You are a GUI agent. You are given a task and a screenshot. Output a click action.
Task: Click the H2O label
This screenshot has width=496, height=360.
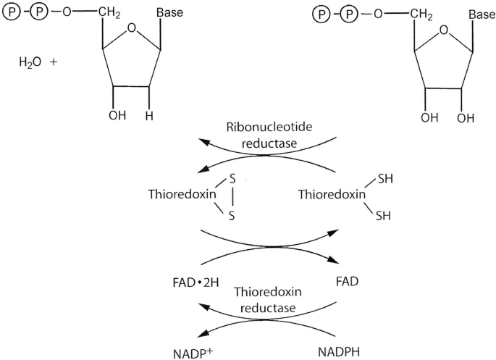click(x=30, y=63)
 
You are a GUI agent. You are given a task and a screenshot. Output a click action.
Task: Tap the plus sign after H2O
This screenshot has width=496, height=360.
click(x=54, y=62)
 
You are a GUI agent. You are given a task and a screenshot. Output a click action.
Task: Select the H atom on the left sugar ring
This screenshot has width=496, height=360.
click(x=149, y=114)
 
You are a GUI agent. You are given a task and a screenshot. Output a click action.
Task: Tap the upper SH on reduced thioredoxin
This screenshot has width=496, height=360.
click(x=384, y=178)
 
